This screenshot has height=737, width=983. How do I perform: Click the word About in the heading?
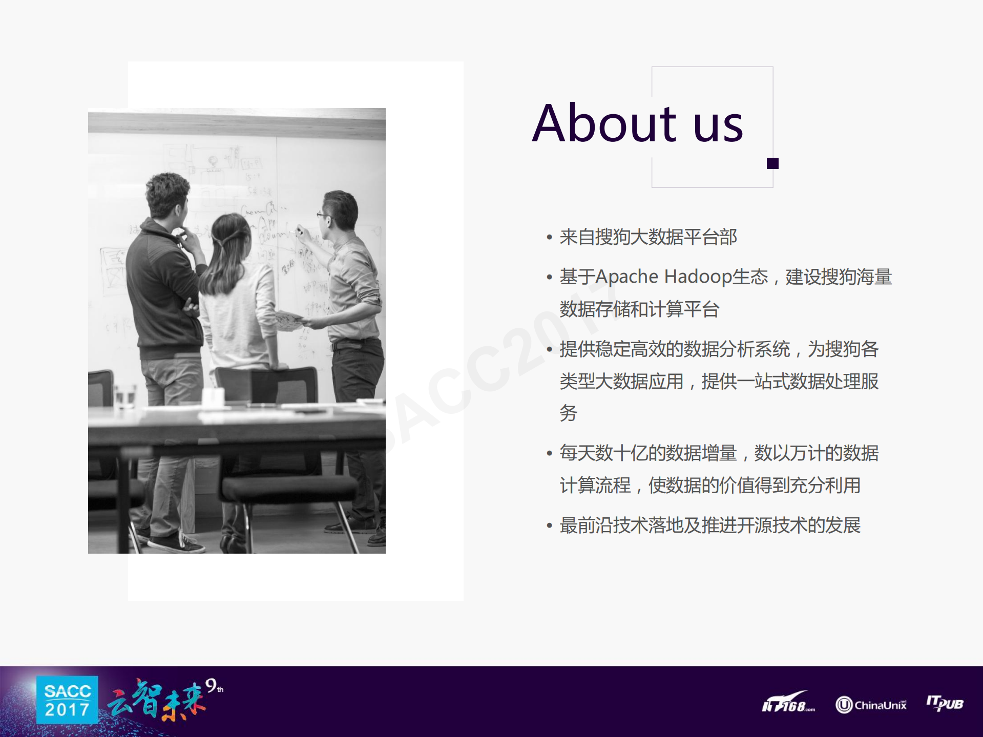coord(604,123)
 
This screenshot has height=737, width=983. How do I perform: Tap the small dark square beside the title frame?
coord(772,163)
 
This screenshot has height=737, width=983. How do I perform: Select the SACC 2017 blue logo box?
coord(67,700)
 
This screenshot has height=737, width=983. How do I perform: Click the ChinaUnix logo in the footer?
coord(871,705)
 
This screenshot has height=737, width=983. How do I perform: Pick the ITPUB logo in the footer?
coord(945,703)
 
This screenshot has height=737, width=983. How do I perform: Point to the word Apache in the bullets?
coord(626,277)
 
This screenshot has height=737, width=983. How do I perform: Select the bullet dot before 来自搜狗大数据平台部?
coord(549,237)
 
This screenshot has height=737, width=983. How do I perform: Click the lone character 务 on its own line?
coord(569,413)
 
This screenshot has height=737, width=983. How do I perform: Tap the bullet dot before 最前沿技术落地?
coord(549,525)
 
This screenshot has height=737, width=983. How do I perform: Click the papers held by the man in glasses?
coord(288,320)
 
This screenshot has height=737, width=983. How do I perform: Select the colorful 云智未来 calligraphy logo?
coord(156,701)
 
